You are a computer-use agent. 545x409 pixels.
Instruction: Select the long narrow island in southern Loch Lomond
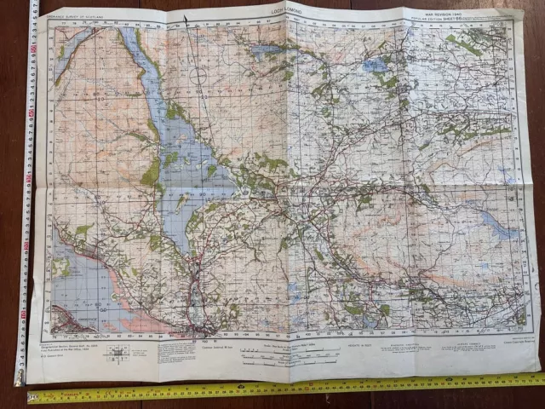[x=182, y=202]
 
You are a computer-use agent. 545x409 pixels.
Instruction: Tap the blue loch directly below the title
[x=266, y=49]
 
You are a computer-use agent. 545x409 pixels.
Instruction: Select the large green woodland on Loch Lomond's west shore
[x=152, y=175]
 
